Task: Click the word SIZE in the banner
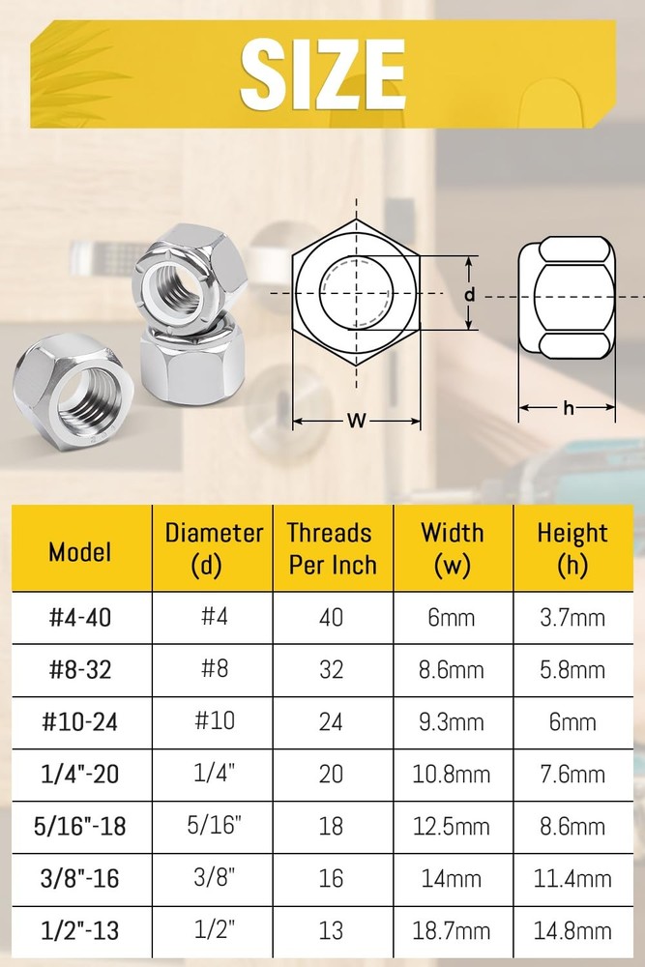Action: coord(322,75)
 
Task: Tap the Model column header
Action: coord(80,551)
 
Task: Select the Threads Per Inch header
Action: coord(331,548)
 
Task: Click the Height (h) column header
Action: coord(572,548)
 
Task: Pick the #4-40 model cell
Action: coord(80,617)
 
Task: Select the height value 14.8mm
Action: coord(572,930)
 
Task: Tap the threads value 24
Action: coord(331,721)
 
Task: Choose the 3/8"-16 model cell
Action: coord(80,878)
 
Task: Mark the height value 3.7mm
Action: coord(572,617)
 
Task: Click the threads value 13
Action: coord(331,930)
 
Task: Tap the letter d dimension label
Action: coord(468,294)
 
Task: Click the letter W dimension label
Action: coord(357,421)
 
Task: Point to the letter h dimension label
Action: coord(569,408)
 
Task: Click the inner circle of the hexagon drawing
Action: coord(357,294)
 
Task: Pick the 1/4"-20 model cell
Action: coord(80,774)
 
